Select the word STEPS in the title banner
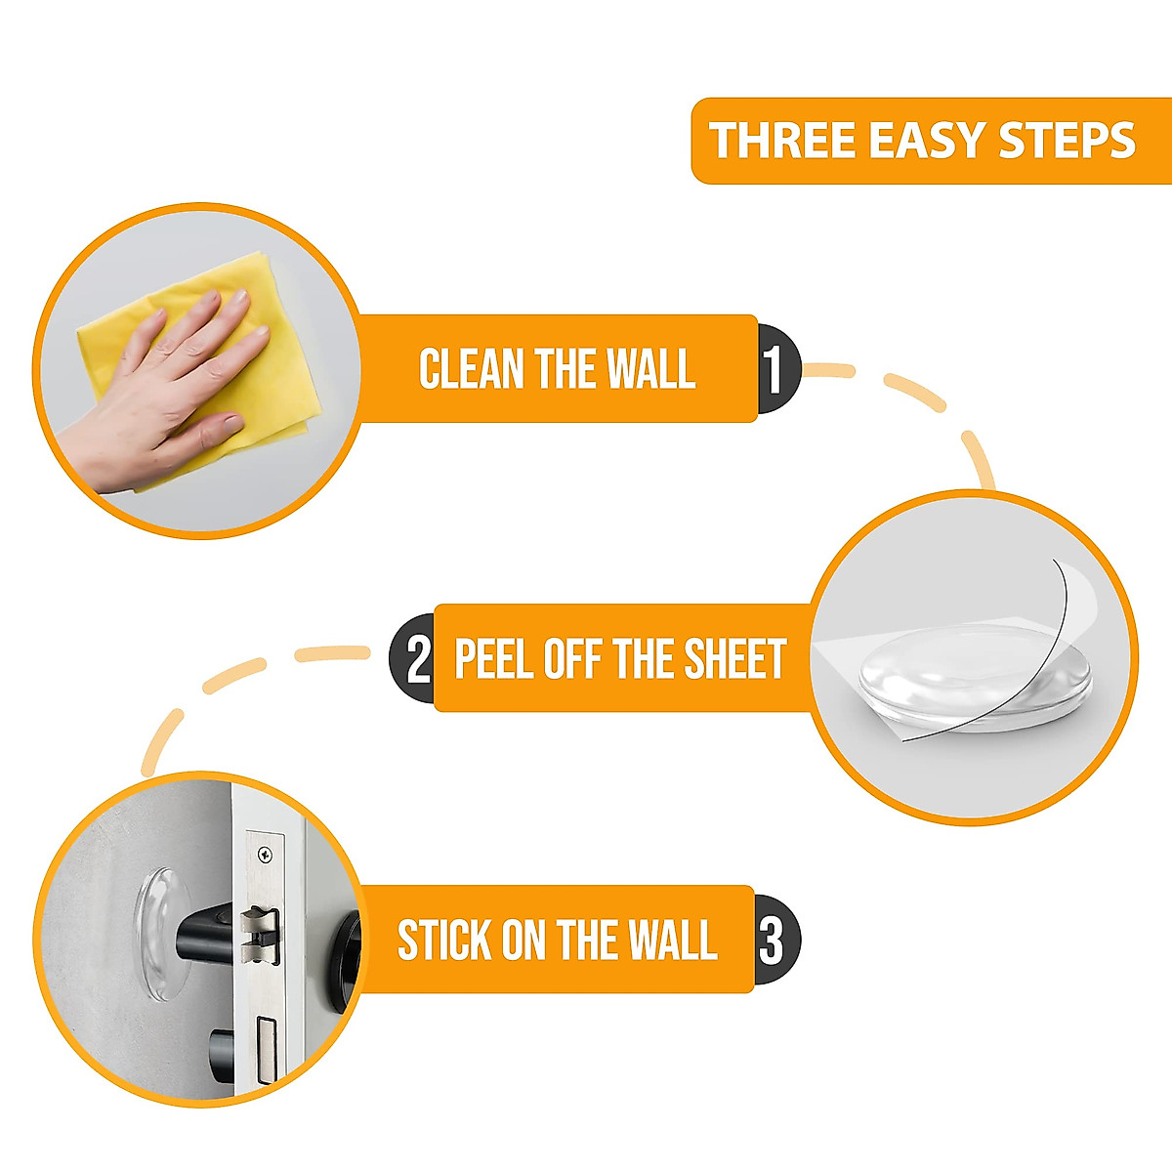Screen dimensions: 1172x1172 coord(1067,141)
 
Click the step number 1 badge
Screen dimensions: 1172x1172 coord(776,369)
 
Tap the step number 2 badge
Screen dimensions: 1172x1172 coord(415,659)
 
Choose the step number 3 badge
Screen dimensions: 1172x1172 coord(774,941)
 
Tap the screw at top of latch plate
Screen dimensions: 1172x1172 coord(265,854)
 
